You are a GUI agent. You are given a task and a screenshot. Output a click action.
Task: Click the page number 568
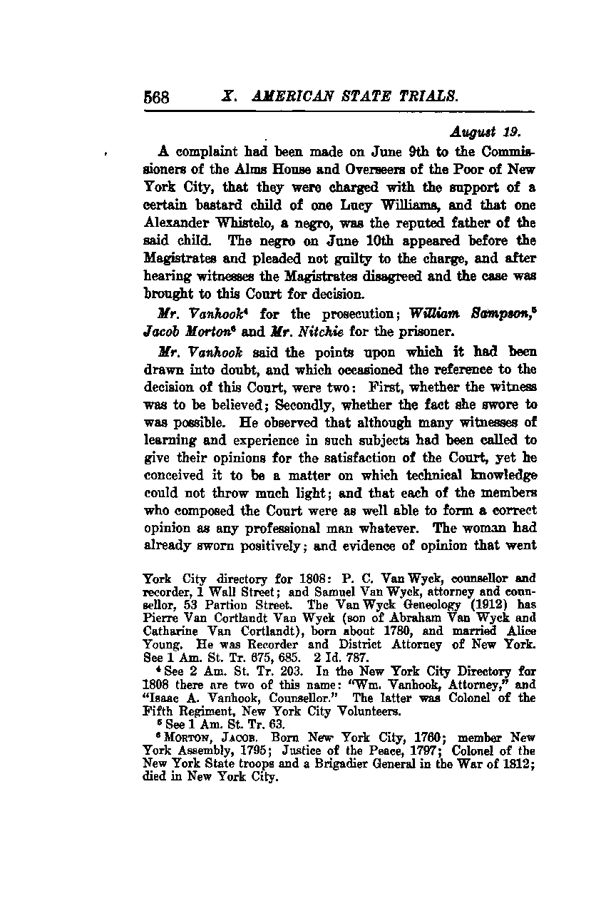point(156,96)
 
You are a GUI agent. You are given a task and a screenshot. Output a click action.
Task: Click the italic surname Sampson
point(498,314)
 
